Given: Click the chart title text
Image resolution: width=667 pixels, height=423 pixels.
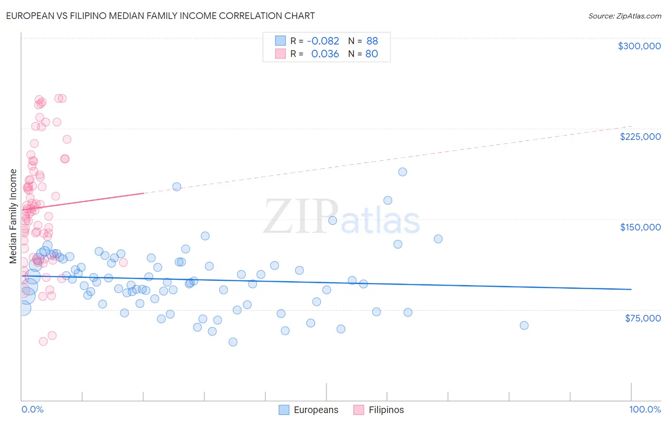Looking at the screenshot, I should coord(160,16).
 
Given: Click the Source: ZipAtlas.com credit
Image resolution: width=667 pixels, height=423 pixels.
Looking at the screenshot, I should coord(624,16).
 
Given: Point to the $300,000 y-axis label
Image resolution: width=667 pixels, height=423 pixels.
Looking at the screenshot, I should coord(639,46).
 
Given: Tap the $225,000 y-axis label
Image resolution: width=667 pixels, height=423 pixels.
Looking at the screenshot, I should coord(640,137).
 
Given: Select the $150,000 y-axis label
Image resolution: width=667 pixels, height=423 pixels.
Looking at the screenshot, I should coord(640,227).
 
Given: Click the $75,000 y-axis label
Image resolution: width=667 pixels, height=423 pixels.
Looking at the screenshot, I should coord(642,318).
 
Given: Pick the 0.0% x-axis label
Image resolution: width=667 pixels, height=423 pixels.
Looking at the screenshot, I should coord(32,409).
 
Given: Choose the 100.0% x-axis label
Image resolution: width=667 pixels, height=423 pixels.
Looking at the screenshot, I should coord(645,409).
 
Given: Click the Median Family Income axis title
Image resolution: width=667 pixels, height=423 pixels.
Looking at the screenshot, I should coord(13,216).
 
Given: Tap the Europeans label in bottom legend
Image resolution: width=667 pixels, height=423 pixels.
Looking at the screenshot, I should coord(316,410).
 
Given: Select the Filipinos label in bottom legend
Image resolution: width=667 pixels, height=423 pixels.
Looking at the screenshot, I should coord(386,410).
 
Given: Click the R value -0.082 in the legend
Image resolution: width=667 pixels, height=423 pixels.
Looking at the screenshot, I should coord(323,41).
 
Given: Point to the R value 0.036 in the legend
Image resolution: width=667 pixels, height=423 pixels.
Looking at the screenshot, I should coord(325,54).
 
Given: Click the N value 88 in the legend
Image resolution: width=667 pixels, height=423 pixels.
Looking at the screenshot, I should coord(372,41).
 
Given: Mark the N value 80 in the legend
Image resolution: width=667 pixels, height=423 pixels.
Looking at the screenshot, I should coord(371,54).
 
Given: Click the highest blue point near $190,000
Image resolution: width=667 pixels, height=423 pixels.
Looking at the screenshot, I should coord(402,172).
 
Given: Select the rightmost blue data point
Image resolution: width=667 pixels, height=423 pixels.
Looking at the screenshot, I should coord(524,325).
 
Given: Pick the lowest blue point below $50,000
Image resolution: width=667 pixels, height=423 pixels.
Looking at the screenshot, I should coord(233,342).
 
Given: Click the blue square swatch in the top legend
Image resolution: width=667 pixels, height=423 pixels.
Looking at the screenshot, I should coord(280,41).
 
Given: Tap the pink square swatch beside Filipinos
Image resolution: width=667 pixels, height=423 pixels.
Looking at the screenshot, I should coord(359,410).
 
